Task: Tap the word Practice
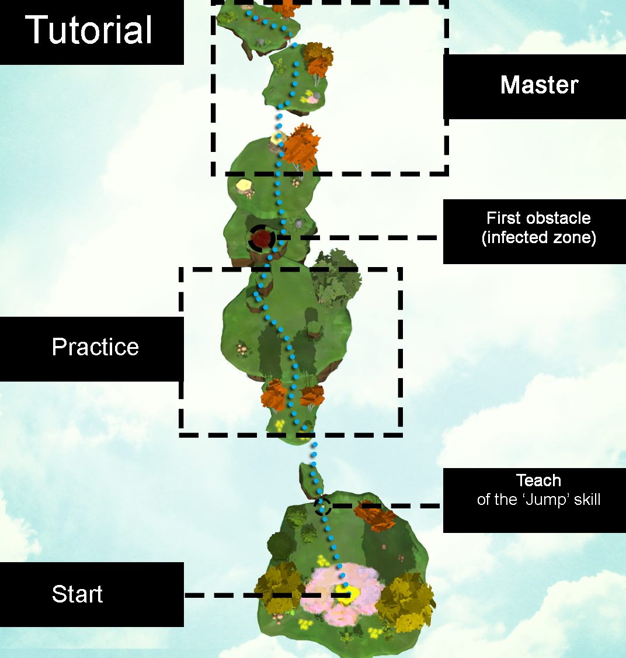click(x=95, y=347)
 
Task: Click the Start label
click(x=77, y=594)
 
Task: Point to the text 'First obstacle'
click(x=538, y=219)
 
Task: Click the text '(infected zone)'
click(x=538, y=238)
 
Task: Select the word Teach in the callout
click(x=538, y=481)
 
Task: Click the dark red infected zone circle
click(x=262, y=238)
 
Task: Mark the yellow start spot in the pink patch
click(x=348, y=594)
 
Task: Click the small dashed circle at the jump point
click(x=322, y=506)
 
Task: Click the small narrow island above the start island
click(x=311, y=480)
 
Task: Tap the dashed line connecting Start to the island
click(x=245, y=595)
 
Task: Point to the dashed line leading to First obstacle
click(x=356, y=238)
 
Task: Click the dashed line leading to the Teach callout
click(x=385, y=506)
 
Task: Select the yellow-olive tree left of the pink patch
click(x=277, y=587)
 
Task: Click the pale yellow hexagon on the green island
click(x=243, y=186)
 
